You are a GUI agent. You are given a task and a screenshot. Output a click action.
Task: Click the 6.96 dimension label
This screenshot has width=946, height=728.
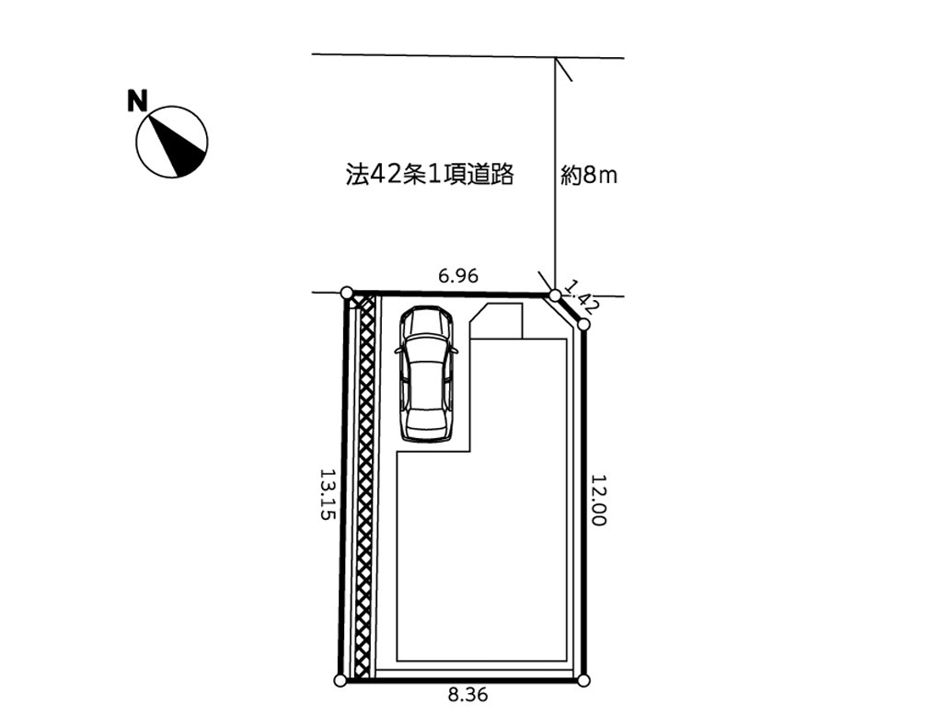[x=458, y=275]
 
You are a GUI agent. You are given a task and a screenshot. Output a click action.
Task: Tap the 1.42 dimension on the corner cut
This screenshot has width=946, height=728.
[x=581, y=296]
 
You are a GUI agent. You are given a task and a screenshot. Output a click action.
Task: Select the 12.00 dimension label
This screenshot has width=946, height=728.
[x=598, y=500]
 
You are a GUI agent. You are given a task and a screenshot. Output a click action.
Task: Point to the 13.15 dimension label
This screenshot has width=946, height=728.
[x=327, y=494]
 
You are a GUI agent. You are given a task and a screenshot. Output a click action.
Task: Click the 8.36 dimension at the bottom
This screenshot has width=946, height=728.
[x=467, y=695]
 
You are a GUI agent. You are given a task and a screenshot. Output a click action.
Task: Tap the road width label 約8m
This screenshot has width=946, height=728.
[x=589, y=176]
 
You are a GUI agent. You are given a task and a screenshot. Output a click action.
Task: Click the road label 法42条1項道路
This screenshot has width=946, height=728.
[x=430, y=174]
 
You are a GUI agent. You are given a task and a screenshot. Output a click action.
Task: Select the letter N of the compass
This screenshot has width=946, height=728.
[x=137, y=100]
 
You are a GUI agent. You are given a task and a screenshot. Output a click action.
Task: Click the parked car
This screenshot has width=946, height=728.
[x=427, y=375]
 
